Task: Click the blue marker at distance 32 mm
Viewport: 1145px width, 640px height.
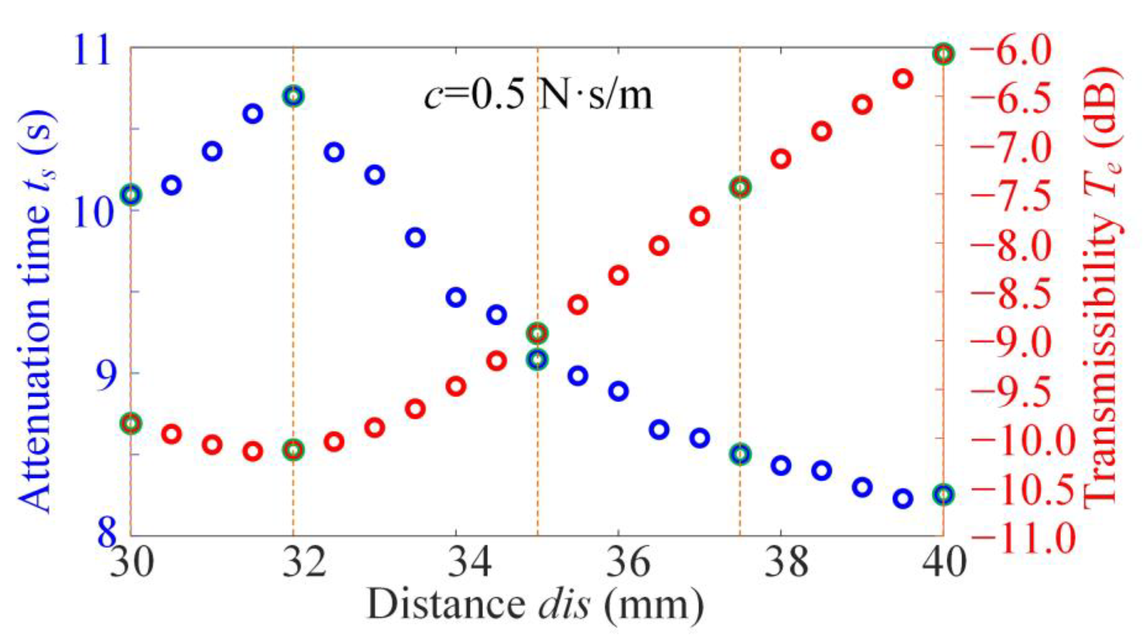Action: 293,96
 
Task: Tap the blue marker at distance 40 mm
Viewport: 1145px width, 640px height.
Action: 943,494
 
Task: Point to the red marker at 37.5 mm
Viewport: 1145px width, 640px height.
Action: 740,187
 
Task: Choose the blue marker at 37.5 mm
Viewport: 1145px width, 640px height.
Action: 740,454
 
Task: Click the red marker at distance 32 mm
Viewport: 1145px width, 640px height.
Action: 293,450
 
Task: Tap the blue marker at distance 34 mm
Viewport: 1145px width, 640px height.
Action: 456,297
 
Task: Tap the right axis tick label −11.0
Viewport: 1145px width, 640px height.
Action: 1027,536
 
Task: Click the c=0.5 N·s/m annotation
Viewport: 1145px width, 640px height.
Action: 538,95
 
